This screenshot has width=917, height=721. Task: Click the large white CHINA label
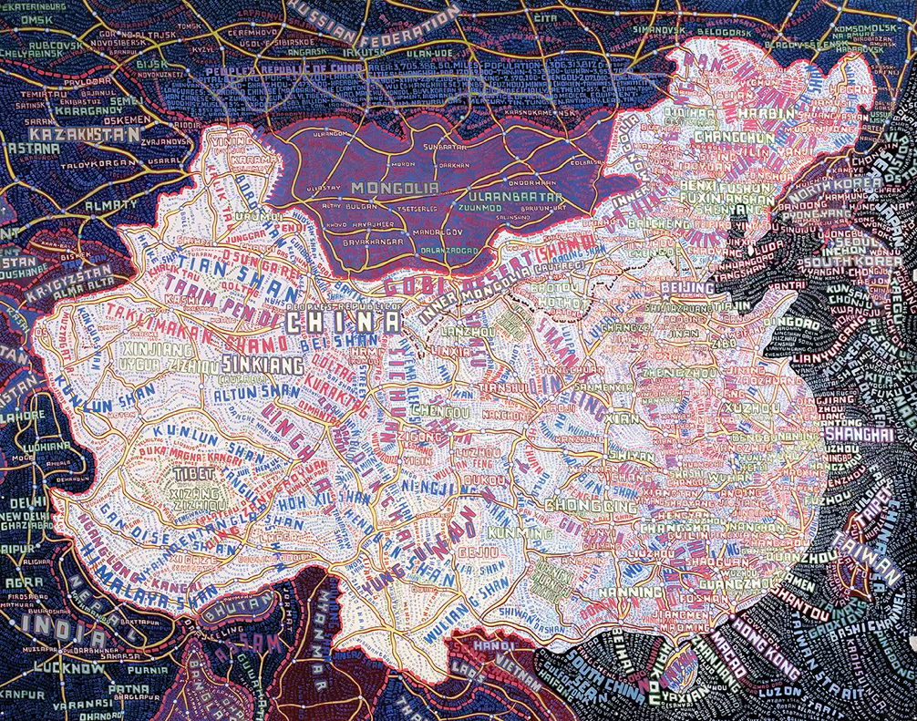[x=342, y=322]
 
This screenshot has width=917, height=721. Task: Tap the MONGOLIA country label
[x=390, y=189]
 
